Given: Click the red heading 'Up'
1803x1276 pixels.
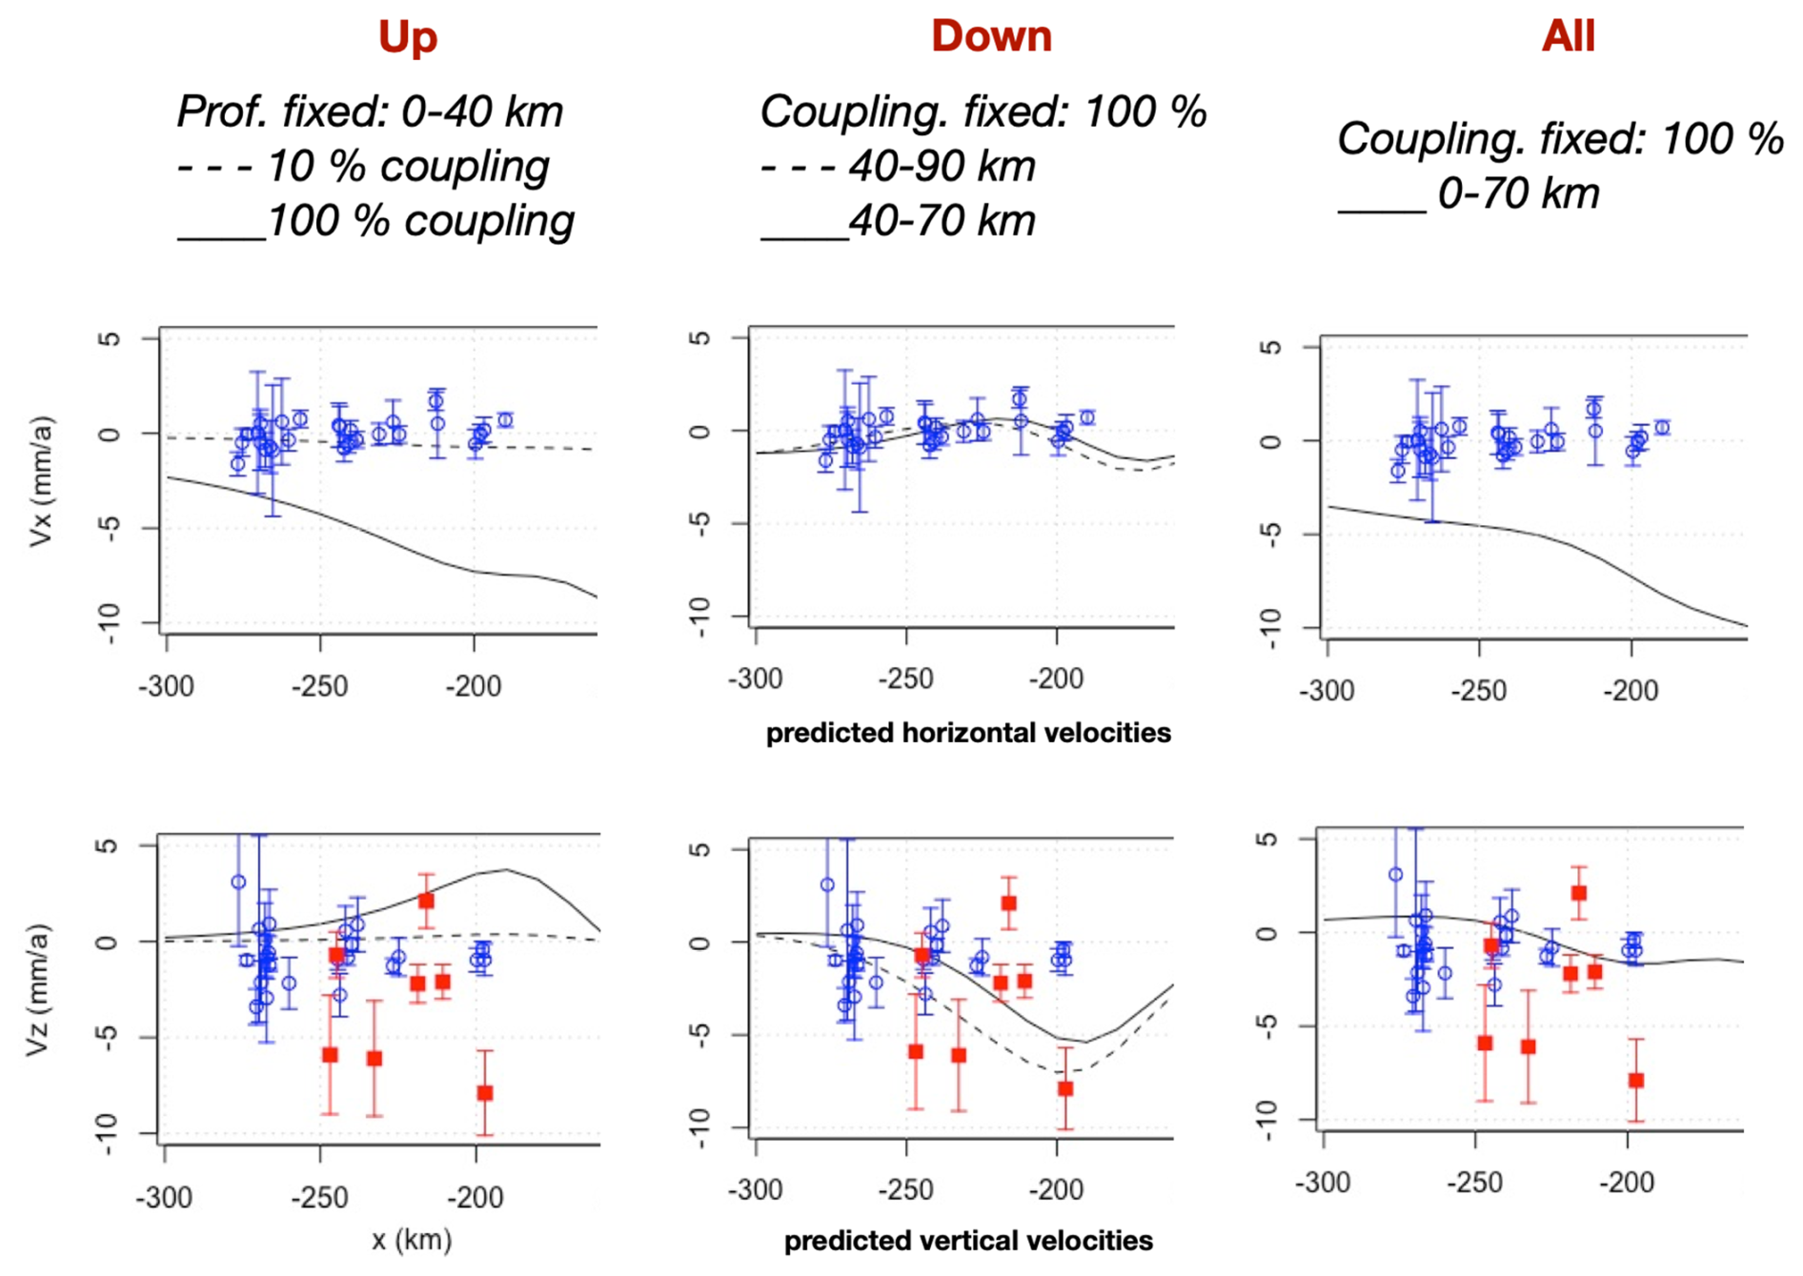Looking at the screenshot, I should [408, 37].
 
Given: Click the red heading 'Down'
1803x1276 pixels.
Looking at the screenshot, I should [991, 36].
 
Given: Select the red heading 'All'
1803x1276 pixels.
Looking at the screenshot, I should [1568, 36].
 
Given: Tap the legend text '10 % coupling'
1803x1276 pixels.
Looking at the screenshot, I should [408, 167].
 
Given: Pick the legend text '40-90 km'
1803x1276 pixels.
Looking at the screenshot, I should [942, 167].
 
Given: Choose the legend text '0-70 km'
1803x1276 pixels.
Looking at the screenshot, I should [1518, 193].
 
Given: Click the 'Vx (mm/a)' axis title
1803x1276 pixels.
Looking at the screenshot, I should [41, 481].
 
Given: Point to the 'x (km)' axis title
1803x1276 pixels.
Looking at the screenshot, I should [412, 1240].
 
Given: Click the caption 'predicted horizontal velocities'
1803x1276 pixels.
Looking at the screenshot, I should [968, 733].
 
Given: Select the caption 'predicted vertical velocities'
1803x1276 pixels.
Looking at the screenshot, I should [968, 1241].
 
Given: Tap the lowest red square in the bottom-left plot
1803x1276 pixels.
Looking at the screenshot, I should [485, 1093].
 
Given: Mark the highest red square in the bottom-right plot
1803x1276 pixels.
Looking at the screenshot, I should [1579, 893].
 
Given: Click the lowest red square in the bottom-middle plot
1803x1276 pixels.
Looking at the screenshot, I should [1065, 1088].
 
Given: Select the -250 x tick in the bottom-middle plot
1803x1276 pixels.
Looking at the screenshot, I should [905, 1189].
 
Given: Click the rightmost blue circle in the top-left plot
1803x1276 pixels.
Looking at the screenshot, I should [505, 420].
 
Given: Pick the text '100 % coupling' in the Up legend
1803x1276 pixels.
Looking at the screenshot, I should [420, 221].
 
